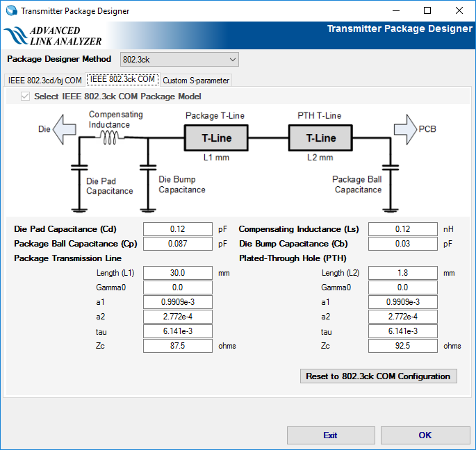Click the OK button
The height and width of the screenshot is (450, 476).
click(425, 435)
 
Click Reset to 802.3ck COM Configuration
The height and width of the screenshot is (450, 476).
click(378, 376)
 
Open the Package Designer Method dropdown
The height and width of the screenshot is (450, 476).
click(179, 59)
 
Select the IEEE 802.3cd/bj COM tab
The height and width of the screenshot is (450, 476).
click(45, 81)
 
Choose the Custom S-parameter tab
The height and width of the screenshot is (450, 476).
click(196, 81)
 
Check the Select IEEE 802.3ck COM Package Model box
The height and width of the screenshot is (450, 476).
click(26, 97)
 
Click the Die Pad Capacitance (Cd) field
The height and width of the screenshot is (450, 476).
click(177, 229)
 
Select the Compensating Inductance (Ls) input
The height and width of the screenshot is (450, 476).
click(402, 229)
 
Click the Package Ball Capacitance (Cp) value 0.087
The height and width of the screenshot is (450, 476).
click(177, 244)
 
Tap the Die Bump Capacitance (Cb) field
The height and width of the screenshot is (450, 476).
click(402, 244)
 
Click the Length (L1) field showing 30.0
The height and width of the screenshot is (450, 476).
click(177, 273)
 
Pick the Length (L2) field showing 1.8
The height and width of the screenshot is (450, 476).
click(402, 273)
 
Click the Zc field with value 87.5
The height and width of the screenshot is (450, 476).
click(177, 346)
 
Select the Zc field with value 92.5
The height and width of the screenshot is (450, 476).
click(402, 346)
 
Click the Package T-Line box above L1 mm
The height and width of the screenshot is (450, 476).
click(216, 138)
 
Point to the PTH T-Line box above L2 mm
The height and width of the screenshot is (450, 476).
click(321, 138)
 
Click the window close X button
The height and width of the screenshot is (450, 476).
click(459, 10)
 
